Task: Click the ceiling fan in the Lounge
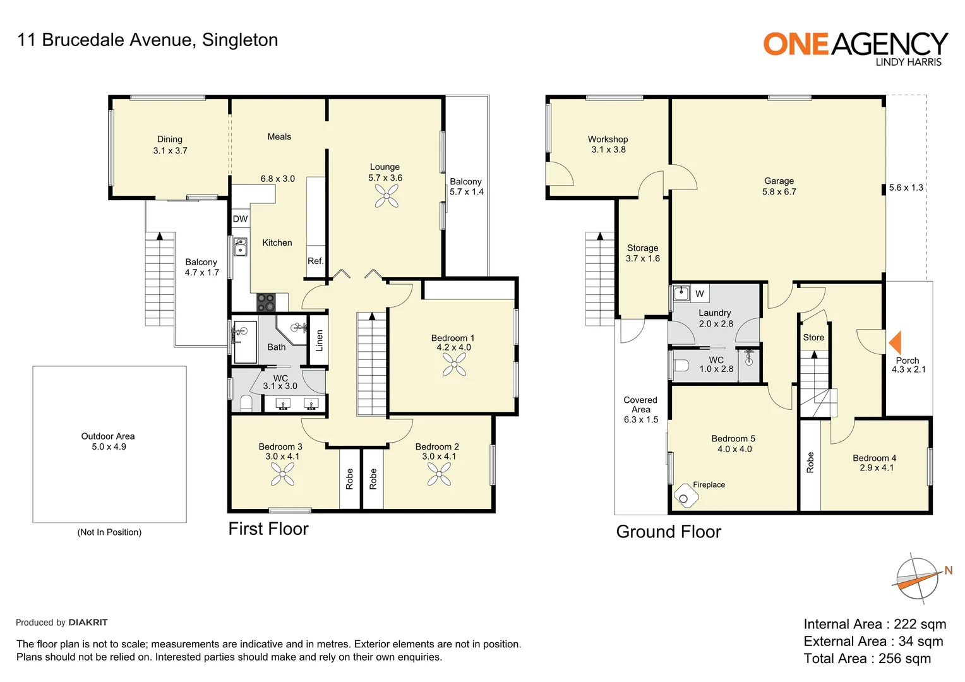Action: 386,196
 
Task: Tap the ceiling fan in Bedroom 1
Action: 454,364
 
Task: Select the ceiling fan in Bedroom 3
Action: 282,474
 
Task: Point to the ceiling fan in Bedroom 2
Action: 439,474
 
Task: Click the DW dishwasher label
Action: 240,219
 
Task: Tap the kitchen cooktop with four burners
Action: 266,302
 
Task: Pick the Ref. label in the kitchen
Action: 315,261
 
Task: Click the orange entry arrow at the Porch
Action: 895,342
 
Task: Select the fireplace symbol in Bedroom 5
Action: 685,496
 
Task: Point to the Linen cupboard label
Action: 319,340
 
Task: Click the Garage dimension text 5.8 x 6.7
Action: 779,192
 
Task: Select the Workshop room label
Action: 608,139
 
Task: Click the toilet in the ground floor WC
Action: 681,366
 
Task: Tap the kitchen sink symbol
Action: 241,247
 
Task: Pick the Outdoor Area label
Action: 108,436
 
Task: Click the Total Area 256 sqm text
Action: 867,659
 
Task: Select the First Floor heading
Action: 268,529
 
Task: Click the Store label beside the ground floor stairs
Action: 813,337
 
